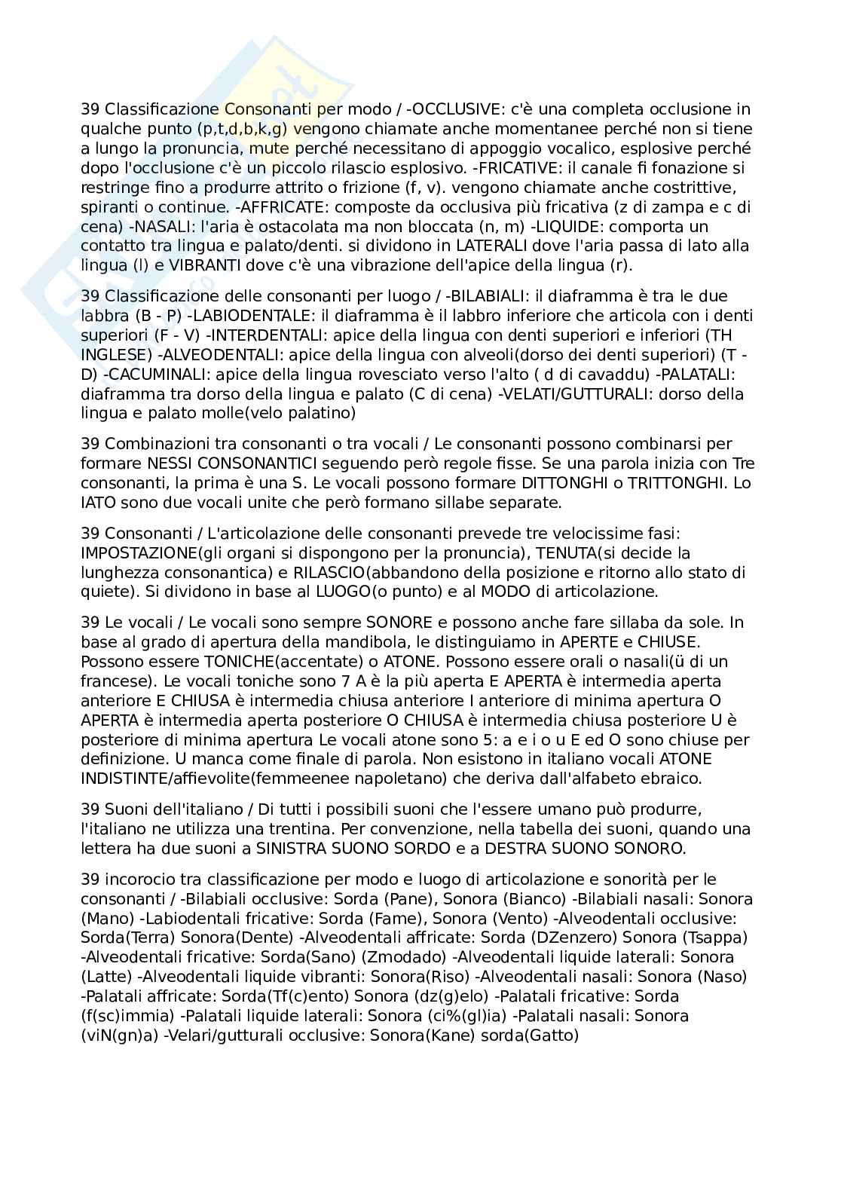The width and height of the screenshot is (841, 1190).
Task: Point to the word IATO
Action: click(x=96, y=503)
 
